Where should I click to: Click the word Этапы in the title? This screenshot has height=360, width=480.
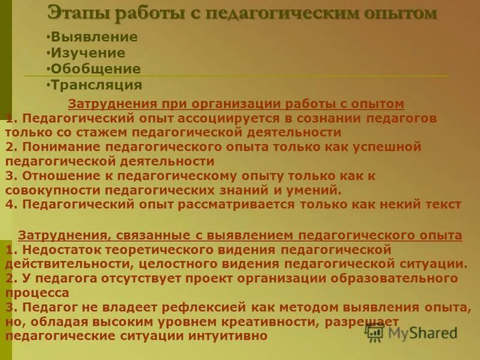click(x=73, y=13)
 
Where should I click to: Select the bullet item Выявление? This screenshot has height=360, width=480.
click(x=94, y=37)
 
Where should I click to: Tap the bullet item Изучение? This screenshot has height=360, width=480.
click(x=88, y=53)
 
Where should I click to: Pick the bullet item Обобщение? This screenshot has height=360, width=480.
click(x=96, y=69)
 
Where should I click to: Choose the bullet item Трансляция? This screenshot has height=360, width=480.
click(x=97, y=85)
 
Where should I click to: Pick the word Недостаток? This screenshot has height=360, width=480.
click(x=61, y=249)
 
